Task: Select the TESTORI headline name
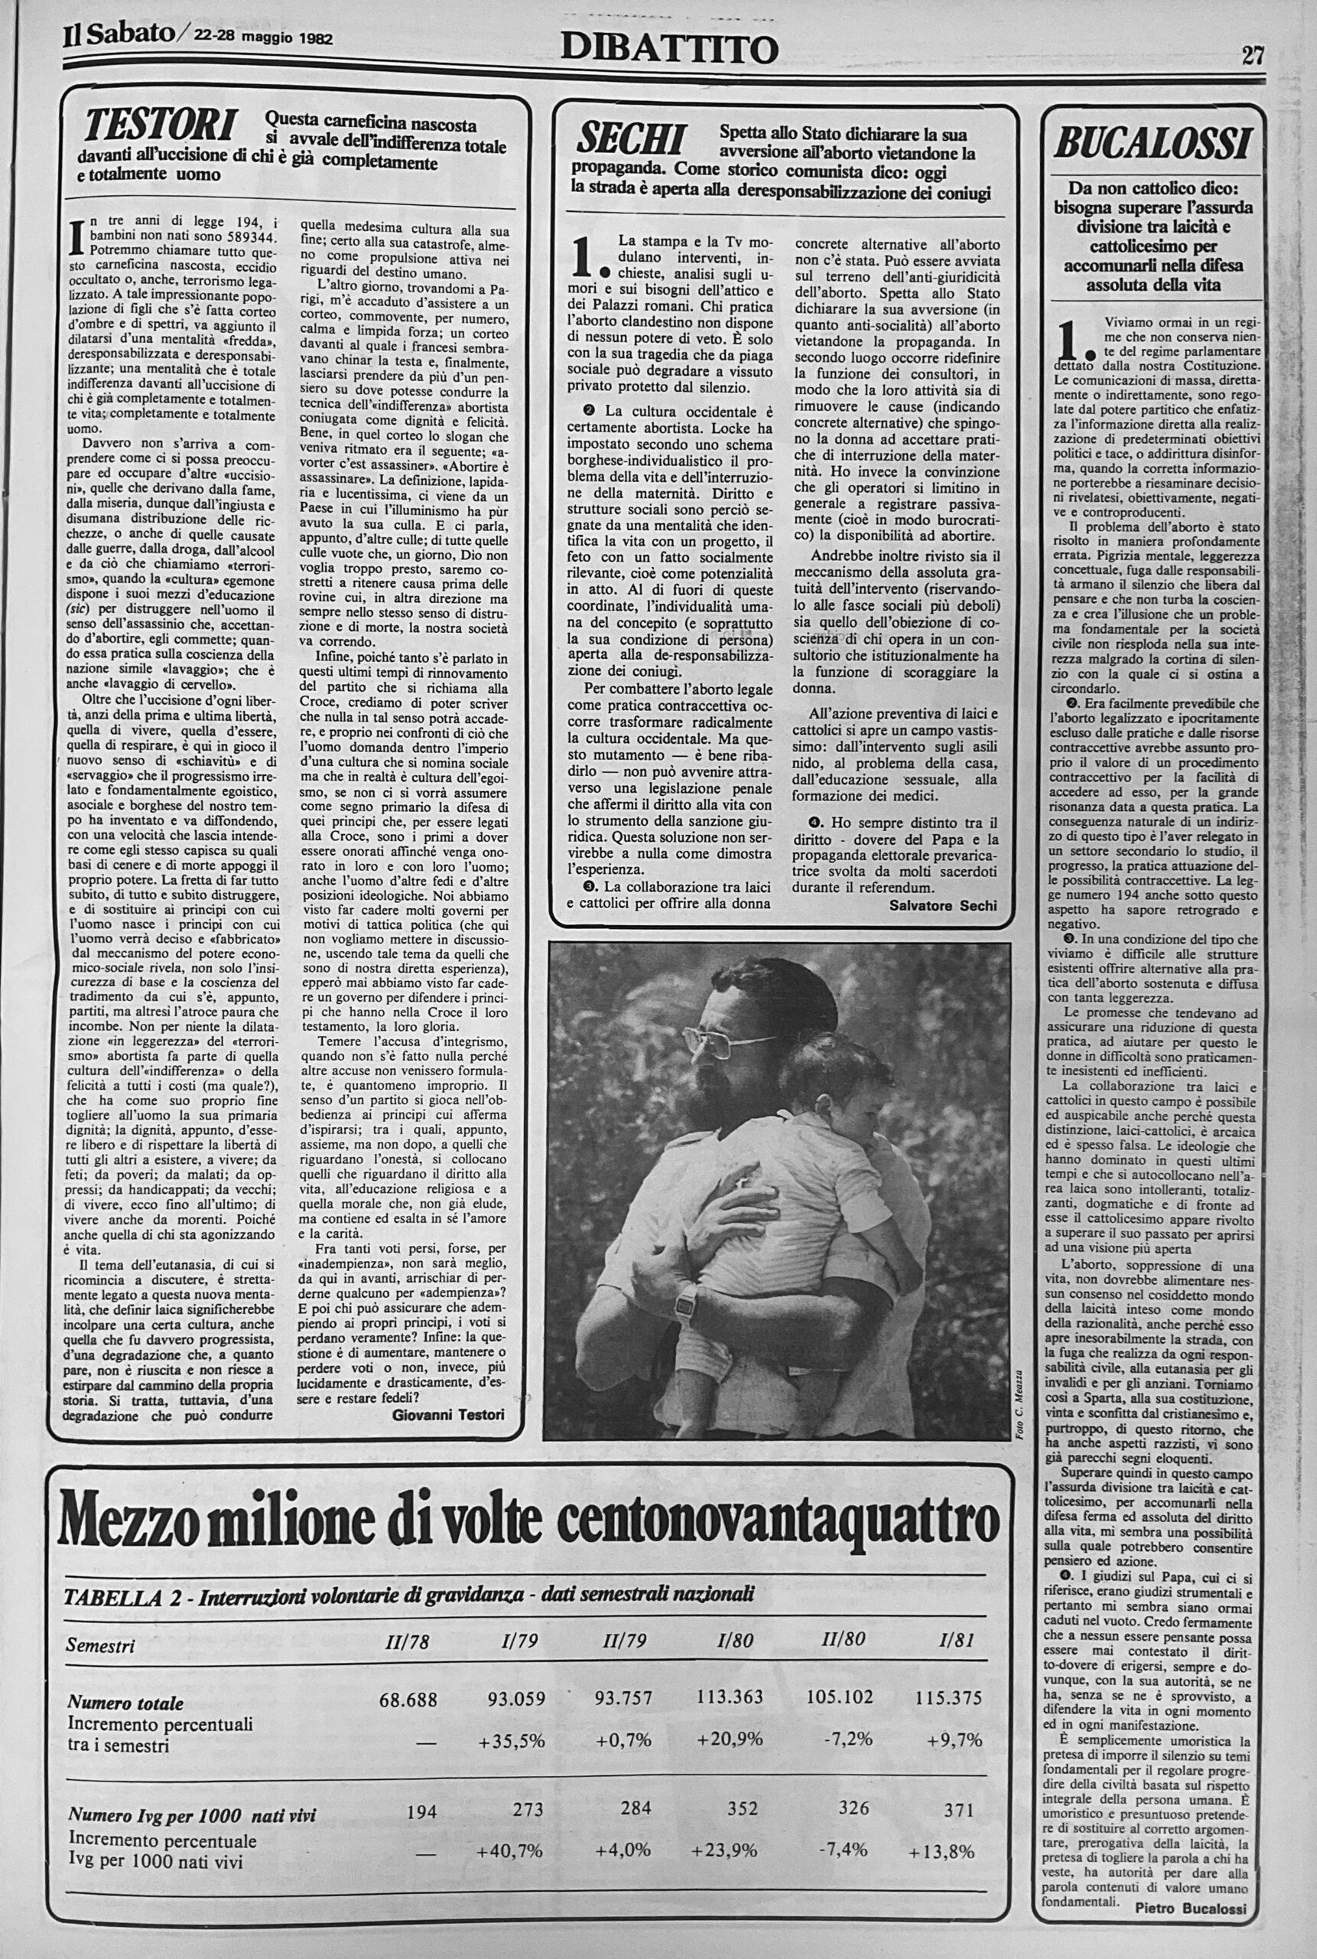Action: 160,128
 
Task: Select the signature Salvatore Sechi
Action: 943,905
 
